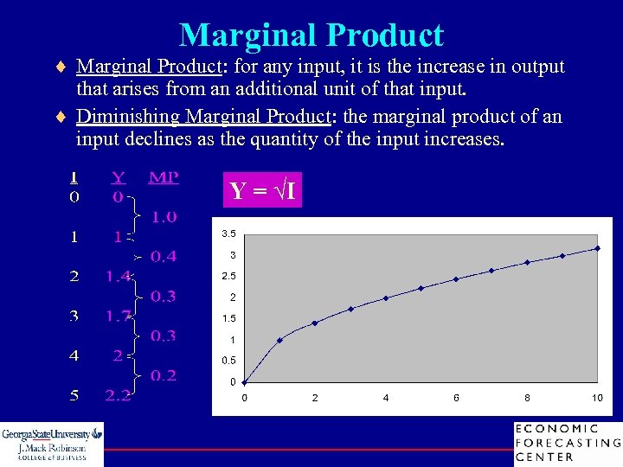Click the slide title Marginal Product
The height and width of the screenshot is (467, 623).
point(311,35)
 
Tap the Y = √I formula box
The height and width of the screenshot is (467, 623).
point(263,190)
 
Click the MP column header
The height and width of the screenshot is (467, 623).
point(164,177)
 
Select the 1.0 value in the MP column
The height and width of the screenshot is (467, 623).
point(164,216)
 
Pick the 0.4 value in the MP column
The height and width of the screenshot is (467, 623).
point(164,256)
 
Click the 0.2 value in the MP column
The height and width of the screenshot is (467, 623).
point(164,375)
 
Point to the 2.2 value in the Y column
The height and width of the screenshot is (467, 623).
point(119,396)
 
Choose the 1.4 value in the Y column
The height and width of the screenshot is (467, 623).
point(119,277)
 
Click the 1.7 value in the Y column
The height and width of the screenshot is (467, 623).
point(119,316)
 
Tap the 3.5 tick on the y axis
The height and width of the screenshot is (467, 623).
point(228,234)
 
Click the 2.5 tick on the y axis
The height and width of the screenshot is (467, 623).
point(228,277)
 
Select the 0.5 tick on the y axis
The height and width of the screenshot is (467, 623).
point(228,361)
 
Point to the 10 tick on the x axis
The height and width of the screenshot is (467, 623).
point(597,398)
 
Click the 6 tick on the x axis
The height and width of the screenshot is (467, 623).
point(456,398)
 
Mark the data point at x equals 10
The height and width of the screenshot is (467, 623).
point(597,248)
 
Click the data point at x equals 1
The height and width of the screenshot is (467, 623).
point(279,340)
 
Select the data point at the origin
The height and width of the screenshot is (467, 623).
point(244,382)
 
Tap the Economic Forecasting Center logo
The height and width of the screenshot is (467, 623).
point(567,443)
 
